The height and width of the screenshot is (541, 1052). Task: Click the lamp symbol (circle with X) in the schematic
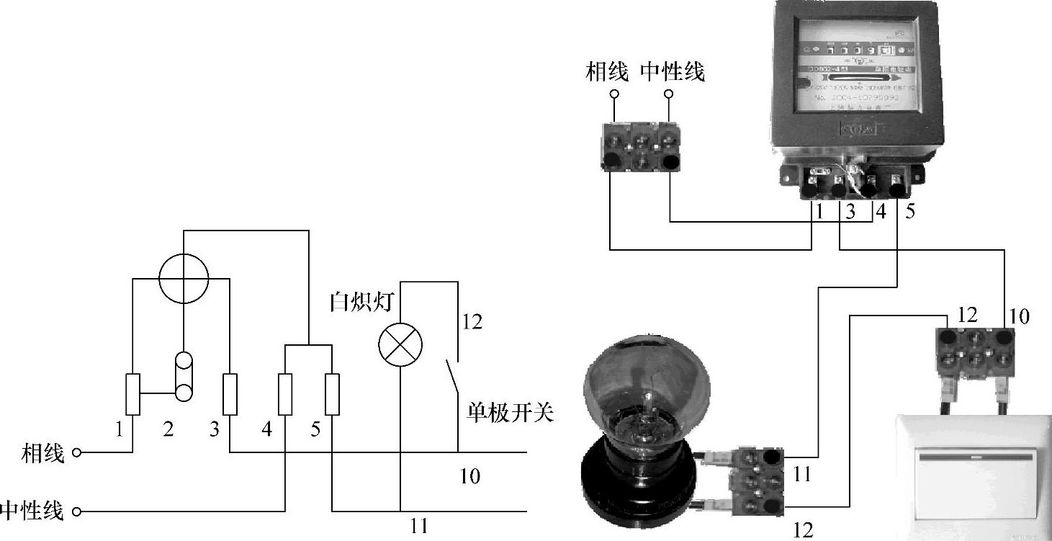pos(400,345)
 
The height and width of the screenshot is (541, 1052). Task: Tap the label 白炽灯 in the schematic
pos(361,301)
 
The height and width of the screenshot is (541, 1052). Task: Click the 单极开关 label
pos(507,413)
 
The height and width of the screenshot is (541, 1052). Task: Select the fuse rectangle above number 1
pos(133,394)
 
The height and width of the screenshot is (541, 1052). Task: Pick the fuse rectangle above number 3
pos(230,394)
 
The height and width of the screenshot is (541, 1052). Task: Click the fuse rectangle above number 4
pos(285,394)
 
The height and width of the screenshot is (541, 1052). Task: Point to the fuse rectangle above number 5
pos(332,394)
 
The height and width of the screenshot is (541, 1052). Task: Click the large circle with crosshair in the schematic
pos(183,276)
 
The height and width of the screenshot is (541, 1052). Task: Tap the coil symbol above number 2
pos(184,376)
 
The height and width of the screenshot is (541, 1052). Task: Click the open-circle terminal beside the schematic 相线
pos(76,454)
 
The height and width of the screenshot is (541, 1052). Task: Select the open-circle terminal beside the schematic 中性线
pos(76,512)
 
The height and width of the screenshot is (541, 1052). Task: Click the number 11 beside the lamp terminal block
pos(801,474)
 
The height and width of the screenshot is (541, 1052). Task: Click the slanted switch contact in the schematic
pos(451,375)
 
